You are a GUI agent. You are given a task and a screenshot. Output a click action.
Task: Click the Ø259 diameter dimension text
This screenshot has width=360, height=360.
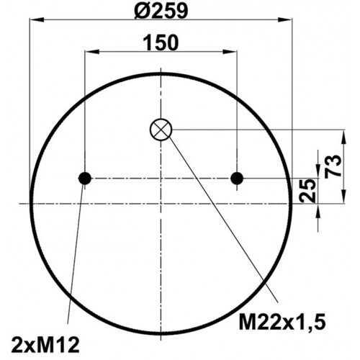(x=161, y=11)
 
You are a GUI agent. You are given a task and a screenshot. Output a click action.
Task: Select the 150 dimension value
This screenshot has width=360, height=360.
(x=161, y=42)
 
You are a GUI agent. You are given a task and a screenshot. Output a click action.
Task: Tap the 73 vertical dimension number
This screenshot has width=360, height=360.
(x=333, y=166)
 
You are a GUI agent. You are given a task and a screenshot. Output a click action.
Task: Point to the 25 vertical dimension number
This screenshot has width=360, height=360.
(x=307, y=190)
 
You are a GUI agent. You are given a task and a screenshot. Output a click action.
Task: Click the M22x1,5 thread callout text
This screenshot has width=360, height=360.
(x=282, y=323)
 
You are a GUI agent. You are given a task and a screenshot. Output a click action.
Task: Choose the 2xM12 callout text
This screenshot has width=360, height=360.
(x=45, y=345)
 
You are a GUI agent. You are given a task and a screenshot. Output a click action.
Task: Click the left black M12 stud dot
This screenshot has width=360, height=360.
(x=85, y=179)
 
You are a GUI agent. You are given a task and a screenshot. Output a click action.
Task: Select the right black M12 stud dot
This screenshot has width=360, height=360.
(x=237, y=179)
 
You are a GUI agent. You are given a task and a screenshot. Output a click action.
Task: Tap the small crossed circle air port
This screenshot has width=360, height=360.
(x=161, y=130)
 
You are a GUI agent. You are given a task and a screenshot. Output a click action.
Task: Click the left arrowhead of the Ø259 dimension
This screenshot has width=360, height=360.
(x=37, y=19)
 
